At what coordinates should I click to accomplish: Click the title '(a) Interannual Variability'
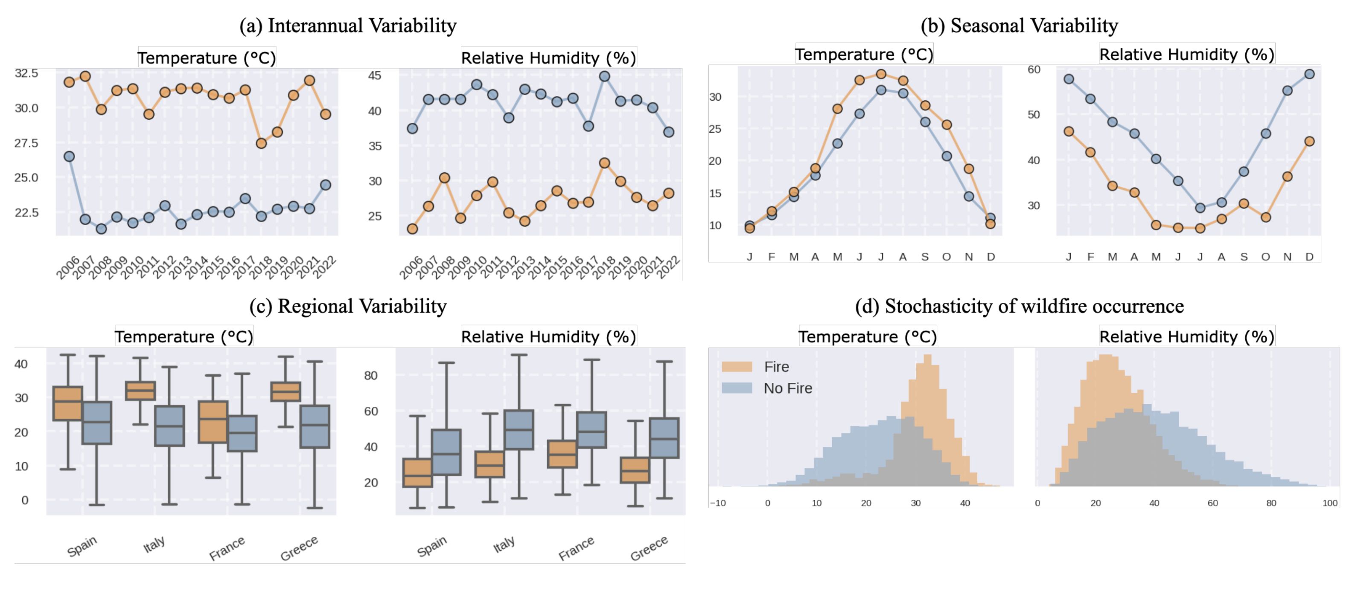(347, 25)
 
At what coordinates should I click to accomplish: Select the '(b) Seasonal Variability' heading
(1019, 25)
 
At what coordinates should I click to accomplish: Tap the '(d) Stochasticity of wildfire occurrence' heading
(1019, 306)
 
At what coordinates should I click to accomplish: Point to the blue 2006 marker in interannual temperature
(69, 156)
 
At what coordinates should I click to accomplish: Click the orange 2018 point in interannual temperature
(261, 143)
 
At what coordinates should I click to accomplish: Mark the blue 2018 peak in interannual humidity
(605, 76)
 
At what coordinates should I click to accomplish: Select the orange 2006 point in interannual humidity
(413, 229)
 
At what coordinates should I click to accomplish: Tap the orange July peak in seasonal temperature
(881, 74)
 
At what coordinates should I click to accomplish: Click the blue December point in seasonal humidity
(1309, 74)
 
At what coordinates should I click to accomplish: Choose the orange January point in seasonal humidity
(1069, 131)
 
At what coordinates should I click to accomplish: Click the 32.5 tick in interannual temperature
(26, 73)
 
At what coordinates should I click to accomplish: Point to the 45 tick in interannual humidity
(375, 75)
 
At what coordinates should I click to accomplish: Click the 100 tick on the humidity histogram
(1330, 503)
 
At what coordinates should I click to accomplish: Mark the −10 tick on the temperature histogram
(717, 503)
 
